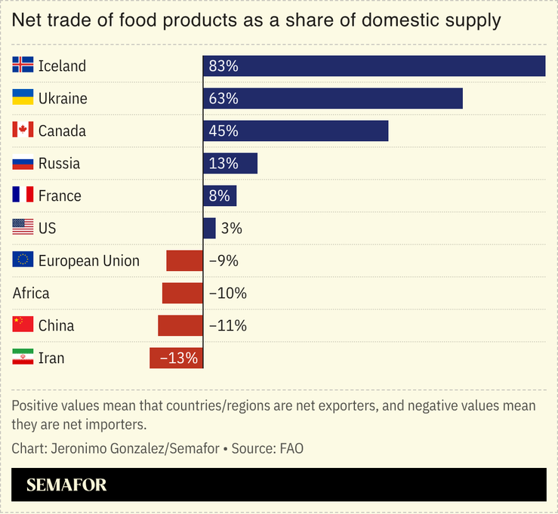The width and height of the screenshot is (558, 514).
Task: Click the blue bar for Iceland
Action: [374, 66]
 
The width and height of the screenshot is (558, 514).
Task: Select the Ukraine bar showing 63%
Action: [332, 98]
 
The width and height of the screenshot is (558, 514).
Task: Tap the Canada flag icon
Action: [23, 131]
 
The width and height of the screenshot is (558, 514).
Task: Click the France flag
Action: [23, 195]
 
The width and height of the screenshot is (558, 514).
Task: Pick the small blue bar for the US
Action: [209, 228]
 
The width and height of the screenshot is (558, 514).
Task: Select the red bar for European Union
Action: [184, 260]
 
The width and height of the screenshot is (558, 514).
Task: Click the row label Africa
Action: [31, 293]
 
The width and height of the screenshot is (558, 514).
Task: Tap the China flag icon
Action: [23, 325]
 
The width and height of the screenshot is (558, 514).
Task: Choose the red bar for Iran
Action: [176, 358]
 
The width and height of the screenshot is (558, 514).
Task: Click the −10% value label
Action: [227, 293]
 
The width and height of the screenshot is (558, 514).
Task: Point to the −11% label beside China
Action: [227, 325]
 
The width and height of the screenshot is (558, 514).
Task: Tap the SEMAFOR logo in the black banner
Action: [66, 485]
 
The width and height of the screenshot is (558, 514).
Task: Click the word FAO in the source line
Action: [291, 448]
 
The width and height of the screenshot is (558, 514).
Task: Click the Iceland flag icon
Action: [23, 66]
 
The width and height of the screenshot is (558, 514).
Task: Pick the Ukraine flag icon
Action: [23, 98]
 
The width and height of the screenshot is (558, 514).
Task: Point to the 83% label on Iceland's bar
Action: [224, 66]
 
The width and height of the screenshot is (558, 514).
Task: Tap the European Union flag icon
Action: [23, 260]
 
